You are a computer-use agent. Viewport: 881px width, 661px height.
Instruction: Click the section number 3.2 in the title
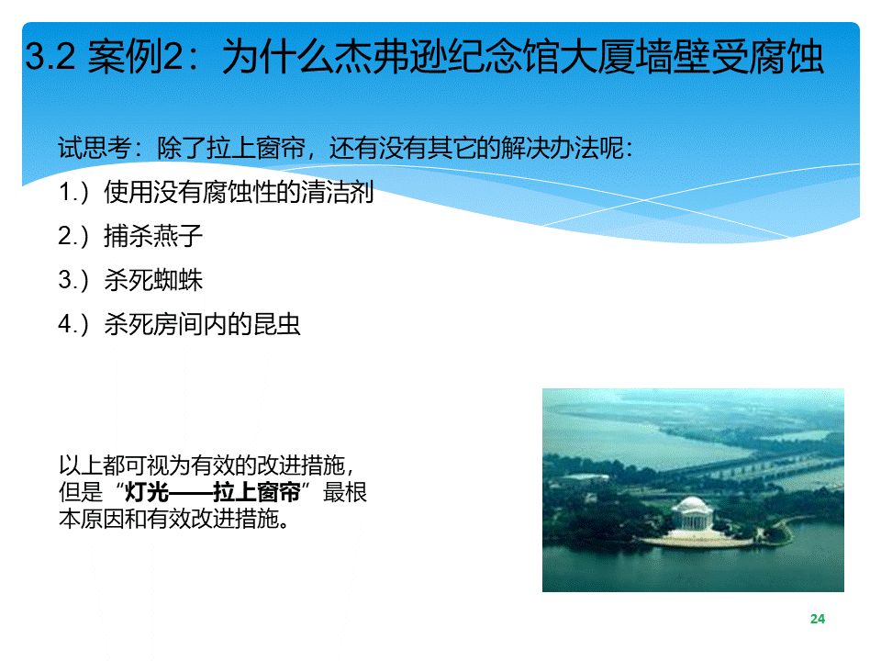coord(50,56)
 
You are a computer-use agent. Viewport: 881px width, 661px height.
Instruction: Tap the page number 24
coord(818,619)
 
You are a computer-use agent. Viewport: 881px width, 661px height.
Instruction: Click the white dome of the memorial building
coord(692,504)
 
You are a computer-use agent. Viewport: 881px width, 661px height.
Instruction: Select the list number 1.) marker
coord(73,192)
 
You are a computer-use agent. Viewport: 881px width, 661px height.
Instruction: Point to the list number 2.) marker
coord(73,236)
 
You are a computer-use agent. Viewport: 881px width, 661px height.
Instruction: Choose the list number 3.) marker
coord(73,280)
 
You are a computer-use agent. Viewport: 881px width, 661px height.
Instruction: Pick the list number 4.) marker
coord(73,324)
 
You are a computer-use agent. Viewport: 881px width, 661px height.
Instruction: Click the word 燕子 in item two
coord(177,236)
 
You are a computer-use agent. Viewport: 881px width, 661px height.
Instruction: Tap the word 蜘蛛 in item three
coord(177,280)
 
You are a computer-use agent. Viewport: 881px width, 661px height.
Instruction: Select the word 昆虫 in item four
coord(276,324)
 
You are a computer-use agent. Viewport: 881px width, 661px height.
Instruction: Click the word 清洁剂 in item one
coord(337,192)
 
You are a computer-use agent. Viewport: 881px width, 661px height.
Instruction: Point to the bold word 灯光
coord(147,492)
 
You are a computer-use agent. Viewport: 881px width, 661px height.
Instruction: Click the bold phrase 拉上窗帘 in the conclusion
coord(257,492)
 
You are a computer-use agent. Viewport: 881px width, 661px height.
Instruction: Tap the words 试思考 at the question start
coord(95,149)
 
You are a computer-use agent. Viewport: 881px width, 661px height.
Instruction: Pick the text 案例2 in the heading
coord(136,56)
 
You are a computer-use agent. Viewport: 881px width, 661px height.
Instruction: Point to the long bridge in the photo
coord(753,471)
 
